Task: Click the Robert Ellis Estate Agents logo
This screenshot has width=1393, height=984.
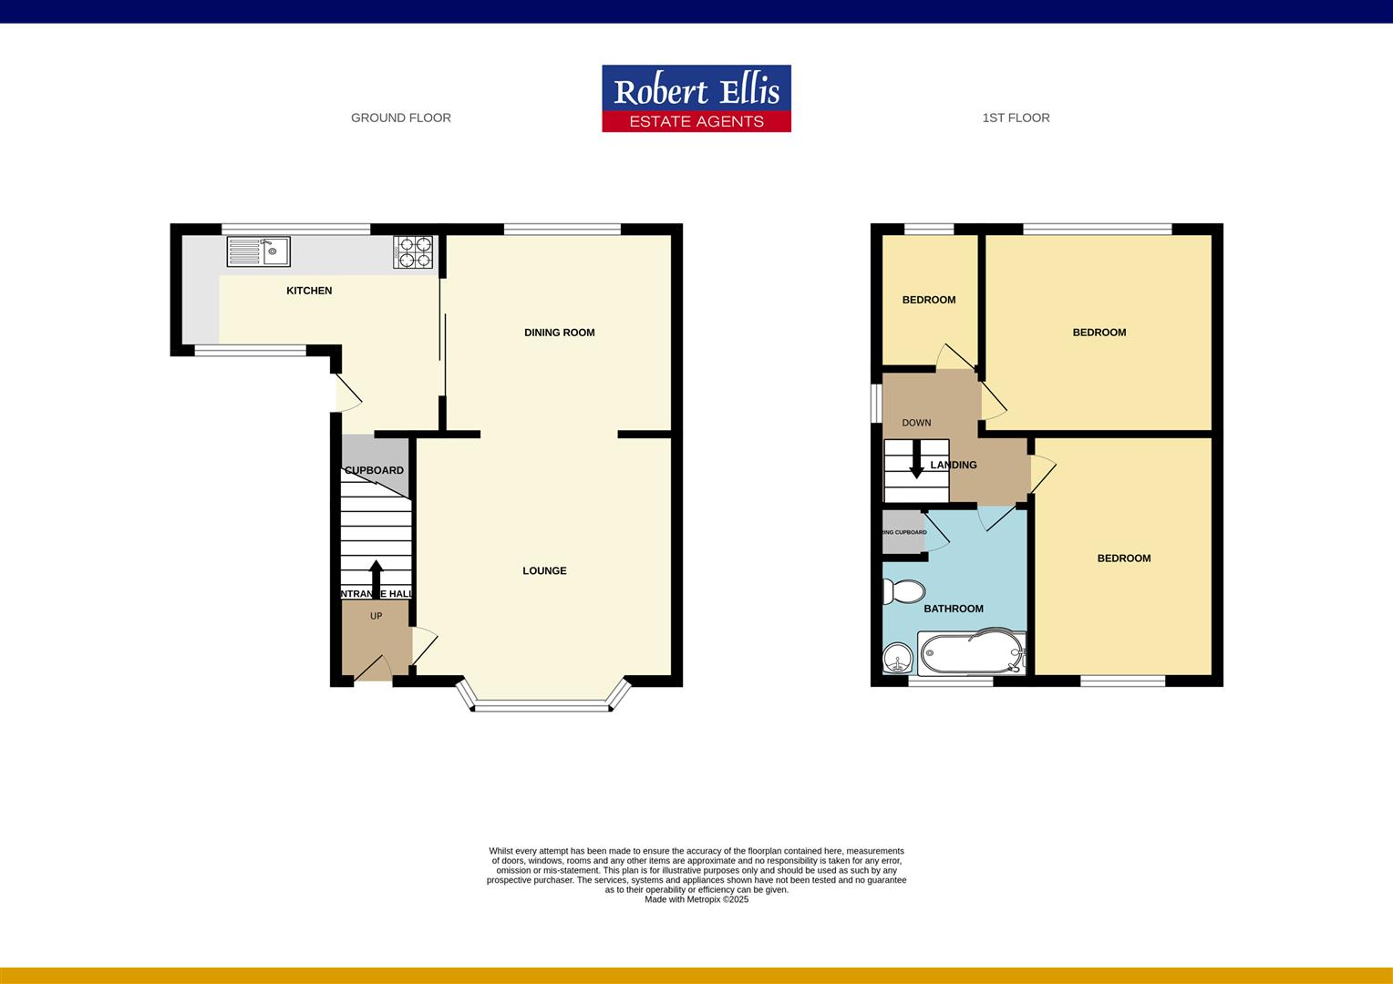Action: tap(696, 98)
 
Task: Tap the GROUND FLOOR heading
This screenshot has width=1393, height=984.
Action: tap(400, 118)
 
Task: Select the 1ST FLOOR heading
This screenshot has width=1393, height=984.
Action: tap(1016, 118)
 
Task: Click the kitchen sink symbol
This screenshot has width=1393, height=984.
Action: tap(259, 251)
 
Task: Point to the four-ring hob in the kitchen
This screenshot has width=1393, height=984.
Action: tap(413, 252)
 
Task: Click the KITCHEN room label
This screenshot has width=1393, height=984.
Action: tap(309, 291)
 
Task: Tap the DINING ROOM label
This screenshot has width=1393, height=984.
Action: tap(559, 333)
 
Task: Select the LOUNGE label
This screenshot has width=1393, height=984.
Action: tap(544, 571)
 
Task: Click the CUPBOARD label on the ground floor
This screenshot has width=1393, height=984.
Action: tap(374, 470)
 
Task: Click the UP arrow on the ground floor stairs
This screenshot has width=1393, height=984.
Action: tap(376, 578)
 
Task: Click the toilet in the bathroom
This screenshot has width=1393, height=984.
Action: tap(903, 592)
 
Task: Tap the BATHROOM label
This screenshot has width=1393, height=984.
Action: tap(954, 609)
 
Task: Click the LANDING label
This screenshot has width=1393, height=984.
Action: tap(954, 465)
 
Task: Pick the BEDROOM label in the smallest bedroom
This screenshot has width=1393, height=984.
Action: tap(929, 300)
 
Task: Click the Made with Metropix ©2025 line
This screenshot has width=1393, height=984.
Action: tap(696, 899)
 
